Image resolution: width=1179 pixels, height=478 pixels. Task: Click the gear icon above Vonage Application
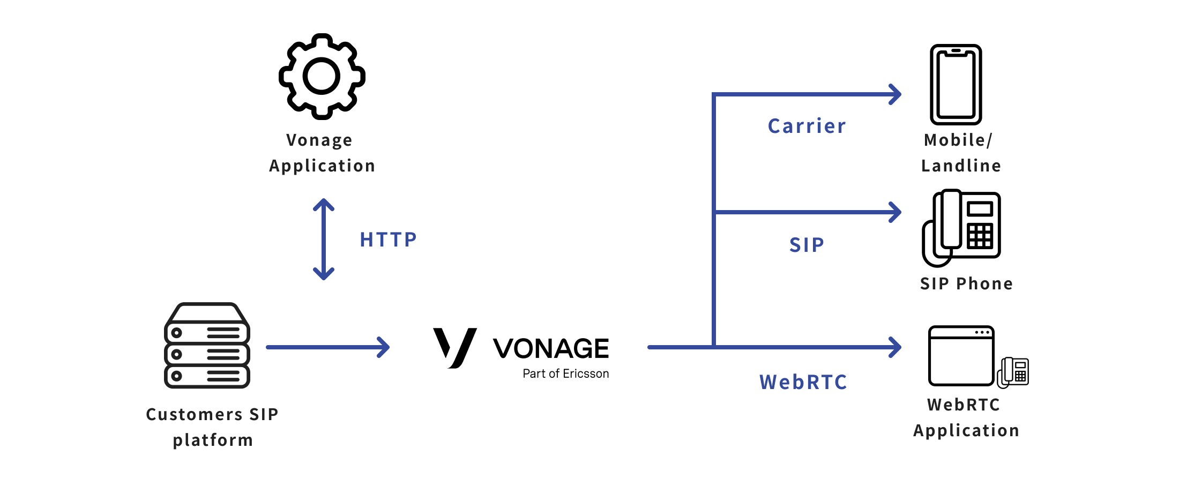(x=322, y=77)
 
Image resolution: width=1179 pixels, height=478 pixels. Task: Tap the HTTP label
(x=388, y=240)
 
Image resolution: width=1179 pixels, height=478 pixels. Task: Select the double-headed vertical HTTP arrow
(x=324, y=240)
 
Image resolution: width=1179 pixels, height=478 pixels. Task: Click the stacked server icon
(x=207, y=346)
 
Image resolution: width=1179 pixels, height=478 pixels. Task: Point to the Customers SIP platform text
(x=212, y=427)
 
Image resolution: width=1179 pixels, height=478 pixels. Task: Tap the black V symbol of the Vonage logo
(x=454, y=347)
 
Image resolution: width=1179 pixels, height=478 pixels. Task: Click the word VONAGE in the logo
(x=550, y=348)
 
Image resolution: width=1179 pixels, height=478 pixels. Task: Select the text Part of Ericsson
(x=565, y=374)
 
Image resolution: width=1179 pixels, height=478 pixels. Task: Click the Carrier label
(x=807, y=126)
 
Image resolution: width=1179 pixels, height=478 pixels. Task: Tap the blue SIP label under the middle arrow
(x=807, y=245)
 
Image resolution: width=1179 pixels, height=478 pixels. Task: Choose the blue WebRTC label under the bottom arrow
(x=803, y=382)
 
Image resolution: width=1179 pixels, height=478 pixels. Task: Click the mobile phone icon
(x=956, y=85)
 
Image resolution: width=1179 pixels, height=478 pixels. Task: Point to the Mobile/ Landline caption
(x=960, y=153)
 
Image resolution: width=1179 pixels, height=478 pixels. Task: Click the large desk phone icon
(x=961, y=227)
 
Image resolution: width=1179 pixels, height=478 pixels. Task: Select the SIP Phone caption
(x=966, y=283)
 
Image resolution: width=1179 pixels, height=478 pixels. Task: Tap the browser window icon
(x=961, y=356)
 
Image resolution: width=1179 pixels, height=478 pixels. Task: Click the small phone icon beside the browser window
(x=1013, y=372)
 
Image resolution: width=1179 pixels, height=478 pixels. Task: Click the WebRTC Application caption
(x=966, y=417)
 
